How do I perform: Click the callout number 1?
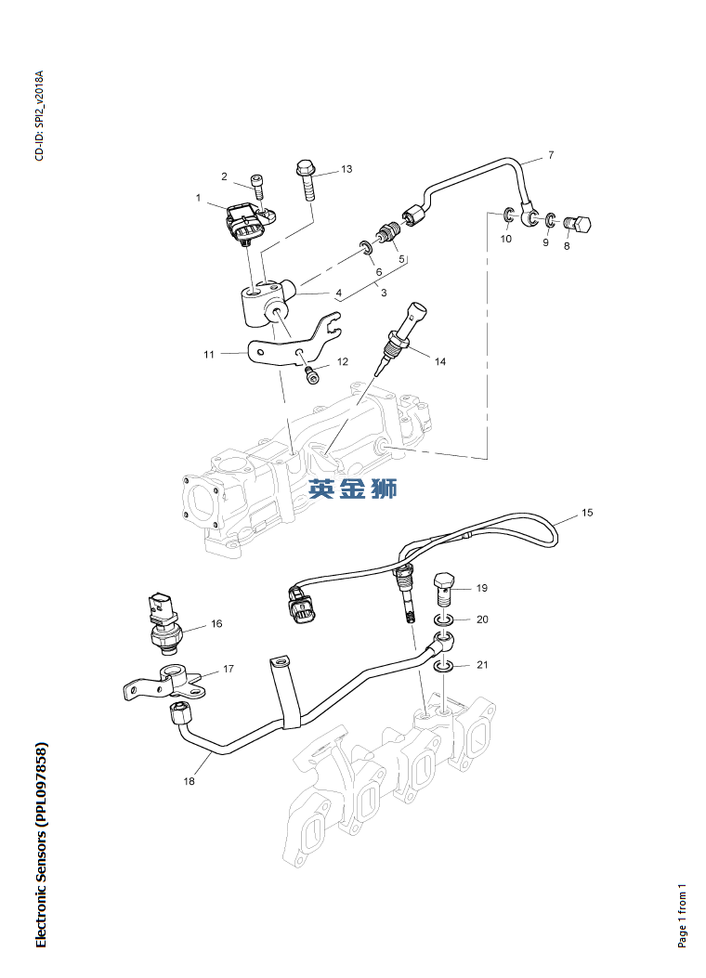click(x=198, y=198)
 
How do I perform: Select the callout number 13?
click(x=346, y=169)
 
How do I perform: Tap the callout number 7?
click(x=550, y=155)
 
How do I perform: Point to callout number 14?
click(x=439, y=361)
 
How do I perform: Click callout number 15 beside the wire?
click(x=587, y=513)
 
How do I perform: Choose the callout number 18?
click(x=190, y=781)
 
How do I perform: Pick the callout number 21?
click(x=481, y=665)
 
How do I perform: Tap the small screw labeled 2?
click(x=258, y=186)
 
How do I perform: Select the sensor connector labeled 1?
click(x=246, y=223)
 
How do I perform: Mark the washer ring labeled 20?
click(x=445, y=619)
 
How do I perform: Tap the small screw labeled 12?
click(x=312, y=374)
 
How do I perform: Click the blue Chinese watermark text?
click(x=353, y=489)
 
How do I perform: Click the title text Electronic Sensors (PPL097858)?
click(x=40, y=845)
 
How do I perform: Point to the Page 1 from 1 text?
click(x=683, y=915)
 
